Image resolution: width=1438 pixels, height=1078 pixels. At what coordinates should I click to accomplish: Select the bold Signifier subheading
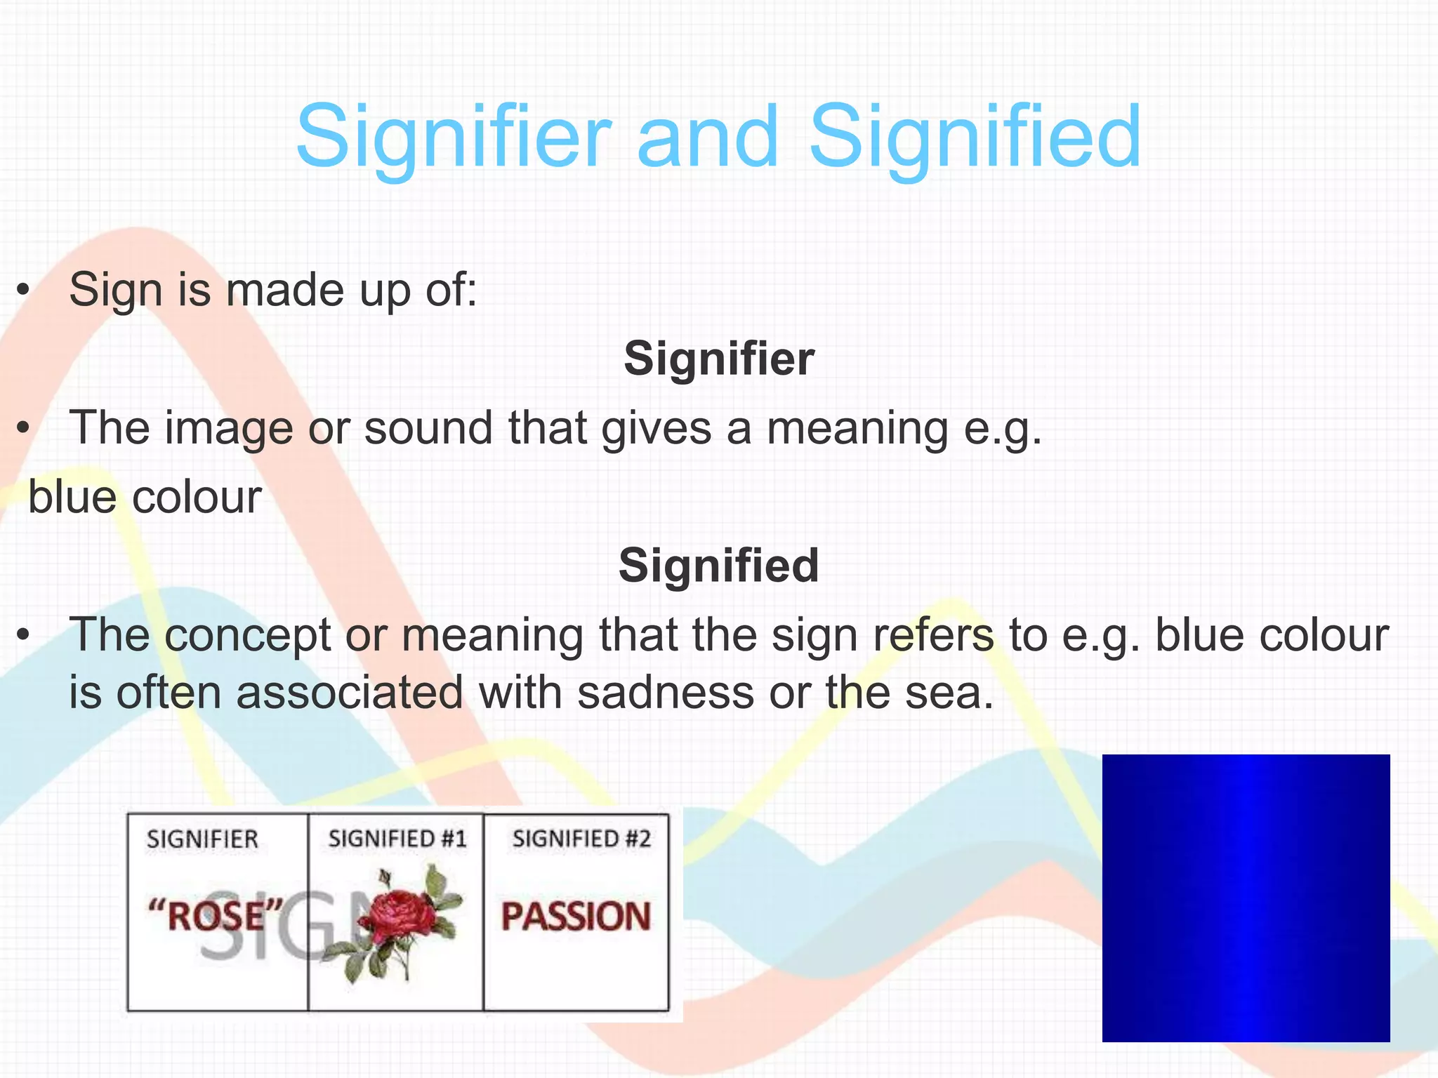719,359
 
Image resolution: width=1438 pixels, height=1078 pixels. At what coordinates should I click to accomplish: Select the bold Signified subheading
719,566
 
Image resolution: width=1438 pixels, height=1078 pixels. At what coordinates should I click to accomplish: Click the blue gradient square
1246,898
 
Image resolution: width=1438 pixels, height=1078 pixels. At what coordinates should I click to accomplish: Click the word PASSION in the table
576,917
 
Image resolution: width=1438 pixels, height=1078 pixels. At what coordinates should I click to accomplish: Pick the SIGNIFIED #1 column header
397,839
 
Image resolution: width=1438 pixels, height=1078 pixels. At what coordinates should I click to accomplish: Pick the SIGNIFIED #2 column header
581,839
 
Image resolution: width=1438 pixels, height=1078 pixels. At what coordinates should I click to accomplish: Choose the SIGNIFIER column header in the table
202,839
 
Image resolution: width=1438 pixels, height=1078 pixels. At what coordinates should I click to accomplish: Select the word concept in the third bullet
248,636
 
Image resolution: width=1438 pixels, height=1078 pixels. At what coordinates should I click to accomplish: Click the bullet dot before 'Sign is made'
24,290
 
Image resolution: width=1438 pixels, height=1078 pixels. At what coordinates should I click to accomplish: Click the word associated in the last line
350,693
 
